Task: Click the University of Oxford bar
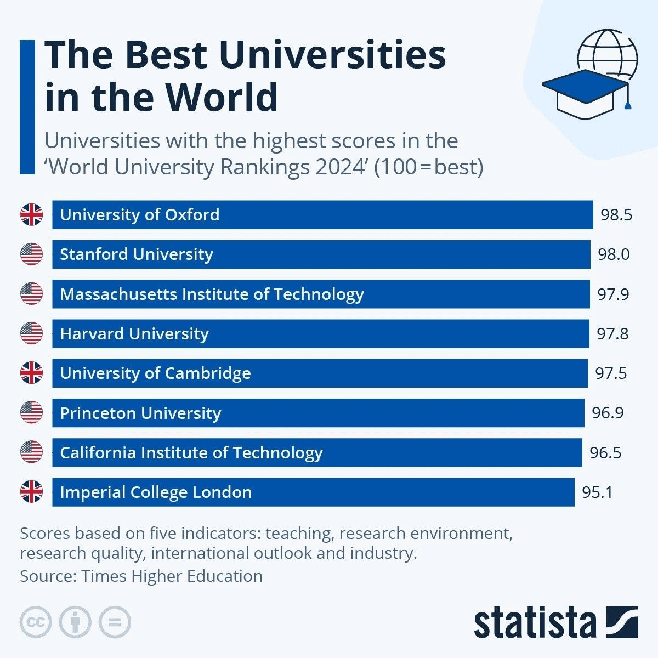click(322, 215)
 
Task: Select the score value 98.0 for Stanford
click(614, 254)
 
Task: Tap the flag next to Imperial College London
click(31, 492)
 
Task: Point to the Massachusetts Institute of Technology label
click(212, 294)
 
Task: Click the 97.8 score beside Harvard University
click(612, 334)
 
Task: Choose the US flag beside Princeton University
click(31, 412)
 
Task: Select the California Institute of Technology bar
click(317, 452)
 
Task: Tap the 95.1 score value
click(598, 492)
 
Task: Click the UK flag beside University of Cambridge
click(31, 373)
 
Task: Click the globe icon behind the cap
click(609, 52)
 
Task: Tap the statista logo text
click(535, 623)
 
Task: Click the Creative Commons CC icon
click(36, 622)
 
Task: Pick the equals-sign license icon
click(115, 622)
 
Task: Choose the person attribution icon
click(75, 622)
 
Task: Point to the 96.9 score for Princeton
click(608, 413)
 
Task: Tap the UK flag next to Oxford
click(31, 214)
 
